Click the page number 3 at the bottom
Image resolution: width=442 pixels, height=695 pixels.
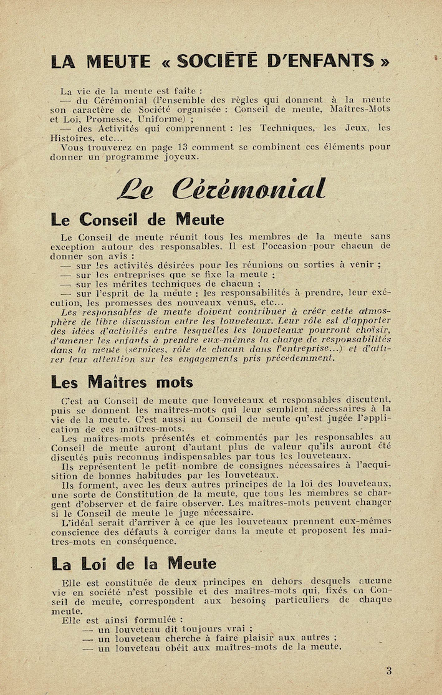[x=389, y=671]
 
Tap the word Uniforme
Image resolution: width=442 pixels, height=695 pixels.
[x=160, y=118]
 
